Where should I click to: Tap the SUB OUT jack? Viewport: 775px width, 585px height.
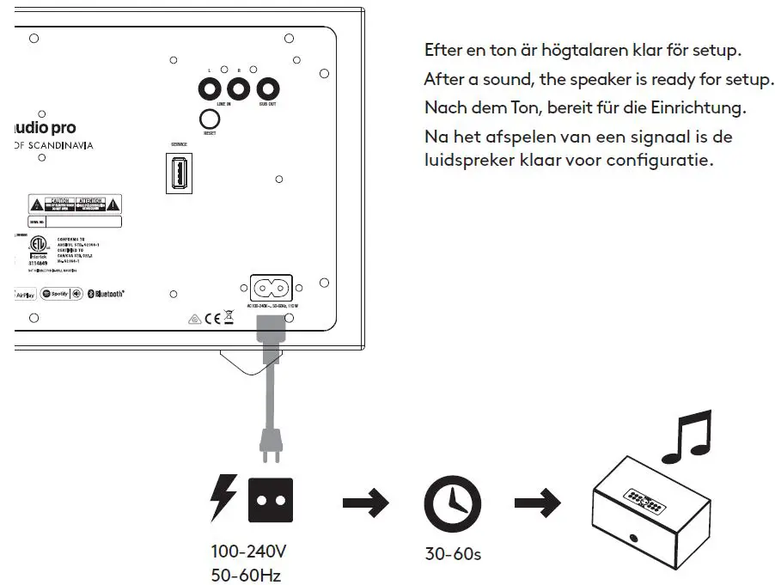[x=268, y=88]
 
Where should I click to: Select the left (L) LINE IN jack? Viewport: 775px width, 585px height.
[x=209, y=88]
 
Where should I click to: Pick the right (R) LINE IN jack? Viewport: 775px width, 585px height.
[x=237, y=88]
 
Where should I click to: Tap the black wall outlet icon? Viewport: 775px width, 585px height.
[x=271, y=501]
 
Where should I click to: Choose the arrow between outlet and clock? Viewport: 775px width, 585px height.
[x=366, y=504]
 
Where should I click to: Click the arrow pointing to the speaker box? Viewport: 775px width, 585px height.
[x=537, y=504]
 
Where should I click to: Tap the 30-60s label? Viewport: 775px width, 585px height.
[x=453, y=554]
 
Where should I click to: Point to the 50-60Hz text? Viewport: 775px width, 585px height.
[x=246, y=575]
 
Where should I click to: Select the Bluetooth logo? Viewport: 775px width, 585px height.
[x=107, y=294]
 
